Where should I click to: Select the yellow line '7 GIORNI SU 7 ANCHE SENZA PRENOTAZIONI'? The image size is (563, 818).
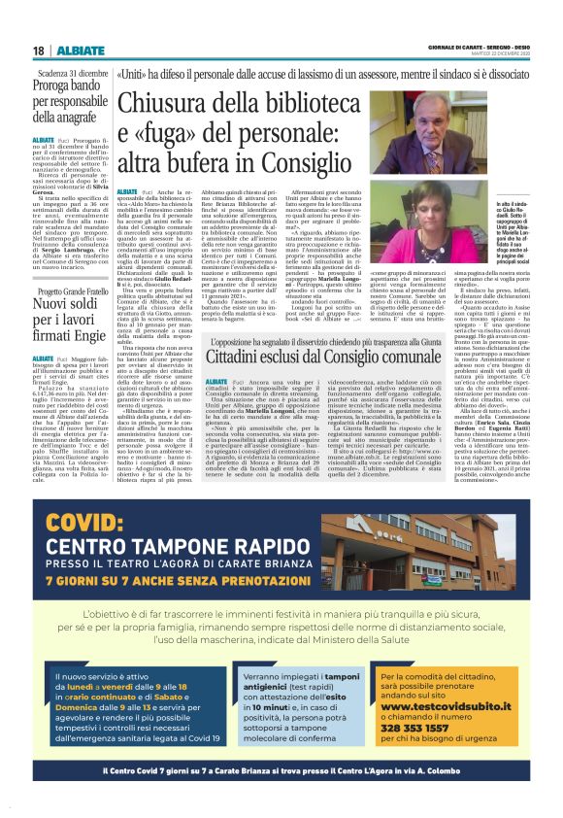pos(181,579)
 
